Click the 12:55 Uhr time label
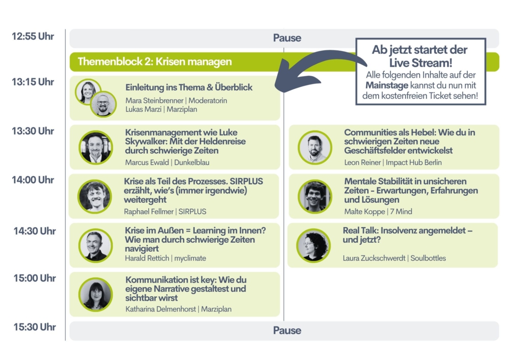[33, 37]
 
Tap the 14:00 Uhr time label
[33, 180]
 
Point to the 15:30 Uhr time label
[35, 327]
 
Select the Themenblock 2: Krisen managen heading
[155, 61]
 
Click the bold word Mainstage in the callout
[386, 86]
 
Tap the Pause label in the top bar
[287, 38]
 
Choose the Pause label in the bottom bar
[287, 330]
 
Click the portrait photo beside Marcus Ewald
[96, 147]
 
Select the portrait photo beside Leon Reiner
[315, 147]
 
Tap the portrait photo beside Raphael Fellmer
[95, 197]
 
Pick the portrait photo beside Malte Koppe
[315, 197]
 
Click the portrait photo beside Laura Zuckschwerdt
[314, 246]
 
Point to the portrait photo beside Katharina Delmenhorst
[96, 295]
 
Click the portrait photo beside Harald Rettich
[96, 246]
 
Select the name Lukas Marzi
[143, 109]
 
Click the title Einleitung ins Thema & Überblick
[189, 88]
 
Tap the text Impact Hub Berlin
[414, 163]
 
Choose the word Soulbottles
[428, 258]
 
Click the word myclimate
[190, 258]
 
